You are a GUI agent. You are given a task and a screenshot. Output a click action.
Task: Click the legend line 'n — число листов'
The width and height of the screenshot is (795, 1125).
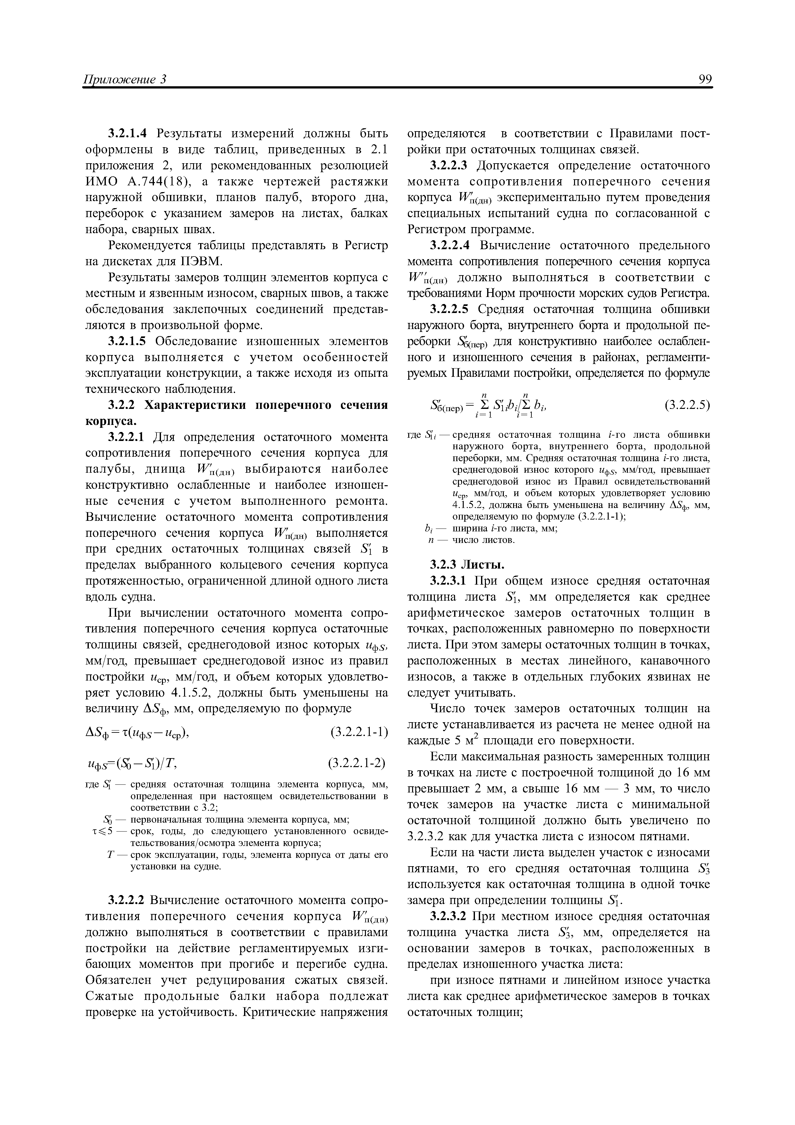(470, 540)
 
